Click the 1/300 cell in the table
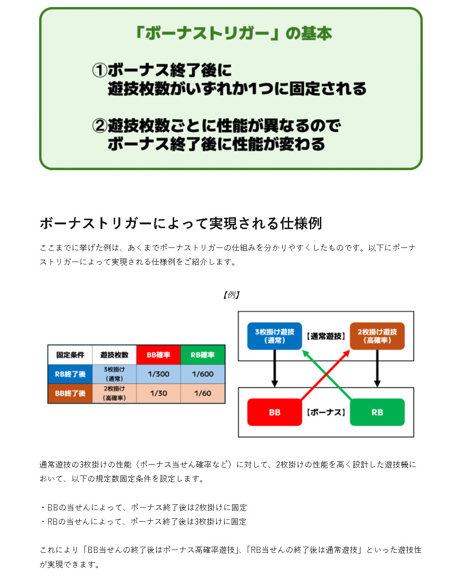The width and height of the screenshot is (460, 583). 159,374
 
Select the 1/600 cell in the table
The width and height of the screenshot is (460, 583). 202,374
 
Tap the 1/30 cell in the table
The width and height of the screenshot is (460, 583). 159,394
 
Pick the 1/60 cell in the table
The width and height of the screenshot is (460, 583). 202,394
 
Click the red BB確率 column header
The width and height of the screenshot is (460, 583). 159,355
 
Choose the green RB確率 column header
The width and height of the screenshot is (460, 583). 202,355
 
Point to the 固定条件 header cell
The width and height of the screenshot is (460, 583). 70,355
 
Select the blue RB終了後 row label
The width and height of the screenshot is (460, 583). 70,374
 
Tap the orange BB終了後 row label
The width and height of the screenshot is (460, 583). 70,394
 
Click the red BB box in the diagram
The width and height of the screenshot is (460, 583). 275,412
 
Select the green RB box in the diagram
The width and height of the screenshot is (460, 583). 377,412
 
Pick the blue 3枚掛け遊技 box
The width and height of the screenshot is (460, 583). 275,336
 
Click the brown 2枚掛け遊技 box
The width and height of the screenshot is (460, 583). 377,336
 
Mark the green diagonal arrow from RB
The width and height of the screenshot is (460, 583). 326,375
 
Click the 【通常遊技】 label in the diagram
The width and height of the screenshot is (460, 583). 326,336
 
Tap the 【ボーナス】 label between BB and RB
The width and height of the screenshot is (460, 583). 326,412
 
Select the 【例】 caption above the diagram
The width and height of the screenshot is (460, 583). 231,295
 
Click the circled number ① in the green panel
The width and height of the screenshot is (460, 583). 100,70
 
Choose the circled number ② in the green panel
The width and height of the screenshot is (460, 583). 100,125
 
